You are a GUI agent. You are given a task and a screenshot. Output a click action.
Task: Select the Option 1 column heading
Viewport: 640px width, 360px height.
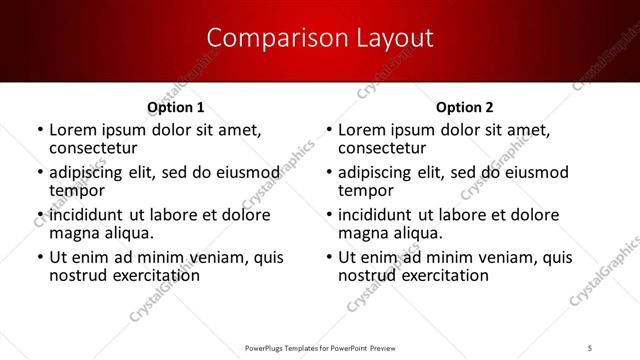(176, 107)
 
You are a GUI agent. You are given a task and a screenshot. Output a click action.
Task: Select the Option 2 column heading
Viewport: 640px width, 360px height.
(465, 107)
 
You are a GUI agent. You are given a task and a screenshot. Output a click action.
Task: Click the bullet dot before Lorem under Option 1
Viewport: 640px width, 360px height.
(39, 131)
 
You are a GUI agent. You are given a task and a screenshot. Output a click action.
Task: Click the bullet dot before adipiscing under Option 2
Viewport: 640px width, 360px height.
(328, 174)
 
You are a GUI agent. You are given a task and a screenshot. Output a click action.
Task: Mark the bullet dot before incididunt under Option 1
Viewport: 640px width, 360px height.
(39, 216)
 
